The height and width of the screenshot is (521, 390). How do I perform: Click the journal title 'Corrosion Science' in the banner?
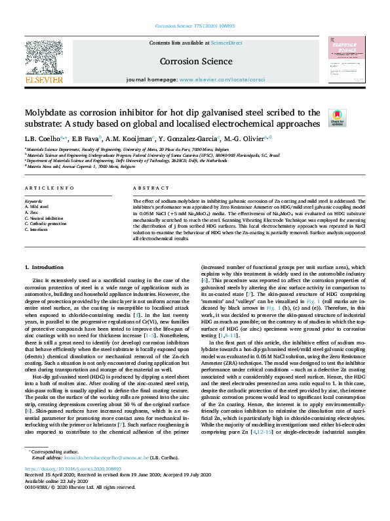tap(195, 61)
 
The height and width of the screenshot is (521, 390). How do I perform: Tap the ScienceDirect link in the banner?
tap(226, 43)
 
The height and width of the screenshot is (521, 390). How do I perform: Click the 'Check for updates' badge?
tap(337, 117)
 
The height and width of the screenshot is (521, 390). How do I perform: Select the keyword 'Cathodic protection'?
tap(46, 224)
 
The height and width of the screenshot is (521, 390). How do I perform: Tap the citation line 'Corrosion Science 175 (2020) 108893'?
tap(195, 26)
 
